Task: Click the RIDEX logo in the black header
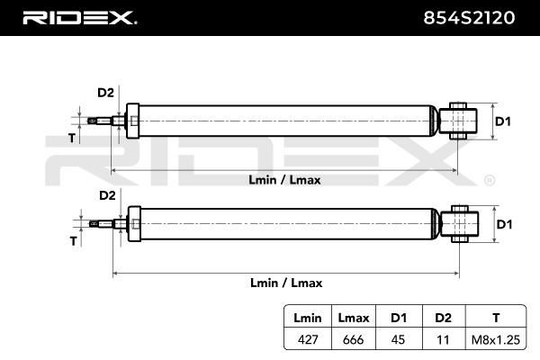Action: tap(79, 18)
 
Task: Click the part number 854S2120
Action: tap(469, 18)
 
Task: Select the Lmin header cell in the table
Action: tap(308, 318)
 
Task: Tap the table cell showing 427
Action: tap(308, 339)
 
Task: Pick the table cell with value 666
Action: tap(354, 339)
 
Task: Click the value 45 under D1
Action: tap(398, 339)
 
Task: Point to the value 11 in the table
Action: tap(443, 340)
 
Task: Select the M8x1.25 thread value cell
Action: tap(496, 340)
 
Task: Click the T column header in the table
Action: tap(496, 318)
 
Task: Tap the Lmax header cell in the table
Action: tap(354, 318)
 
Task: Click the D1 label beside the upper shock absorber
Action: tap(503, 121)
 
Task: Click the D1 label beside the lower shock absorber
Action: tap(504, 224)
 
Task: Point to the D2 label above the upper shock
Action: tap(105, 93)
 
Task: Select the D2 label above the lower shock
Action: tap(107, 195)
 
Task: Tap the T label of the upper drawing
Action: tap(72, 138)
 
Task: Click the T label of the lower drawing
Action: tap(73, 241)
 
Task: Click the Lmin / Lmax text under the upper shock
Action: tap(284, 180)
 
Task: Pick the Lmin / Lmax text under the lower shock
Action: tap(286, 283)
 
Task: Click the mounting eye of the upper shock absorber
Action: tap(458, 121)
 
